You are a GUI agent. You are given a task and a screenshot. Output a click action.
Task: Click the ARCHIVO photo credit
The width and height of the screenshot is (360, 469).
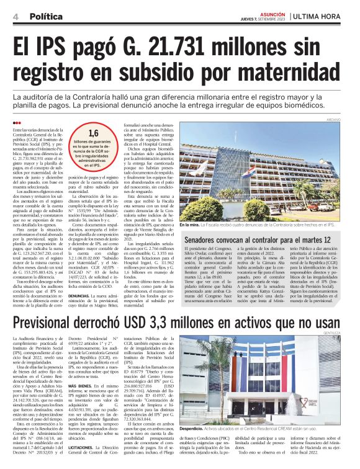pyautogui.click(x=351, y=119)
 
